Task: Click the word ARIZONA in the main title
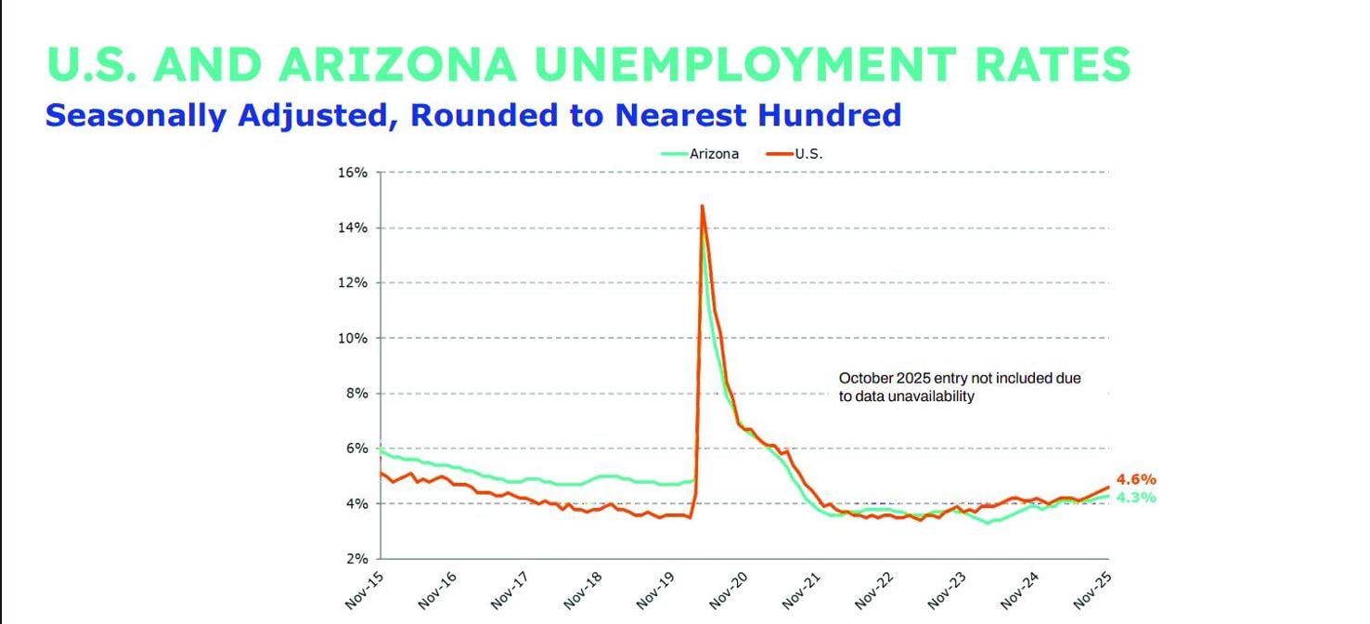pos(395,64)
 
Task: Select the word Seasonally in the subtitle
pos(136,115)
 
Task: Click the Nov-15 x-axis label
pos(365,591)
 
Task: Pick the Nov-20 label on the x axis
pos(729,591)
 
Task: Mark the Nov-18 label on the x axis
pos(583,591)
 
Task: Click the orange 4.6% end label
pos(1136,480)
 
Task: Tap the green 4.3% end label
pos(1136,498)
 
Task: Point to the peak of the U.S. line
pos(702,206)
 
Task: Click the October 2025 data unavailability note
pos(960,387)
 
